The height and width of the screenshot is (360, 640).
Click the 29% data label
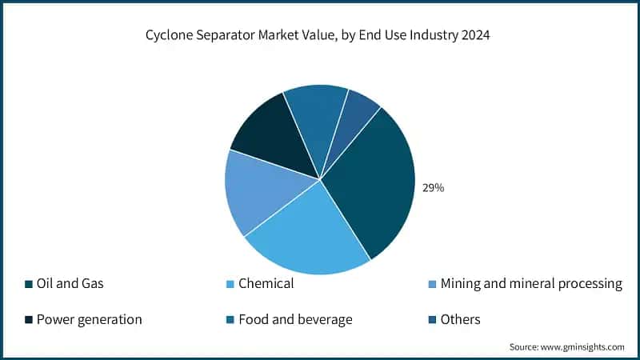(433, 188)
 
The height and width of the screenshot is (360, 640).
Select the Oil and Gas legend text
(70, 283)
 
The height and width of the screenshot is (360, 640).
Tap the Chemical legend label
(266, 283)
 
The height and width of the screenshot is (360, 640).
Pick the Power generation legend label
(89, 319)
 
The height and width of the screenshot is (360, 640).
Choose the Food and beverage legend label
(295, 319)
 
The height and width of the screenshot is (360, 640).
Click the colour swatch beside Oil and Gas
(29, 284)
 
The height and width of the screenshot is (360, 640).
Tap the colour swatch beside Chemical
(230, 284)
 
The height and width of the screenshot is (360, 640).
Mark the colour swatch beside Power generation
(29, 320)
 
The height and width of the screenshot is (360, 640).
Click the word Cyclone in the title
(169, 35)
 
